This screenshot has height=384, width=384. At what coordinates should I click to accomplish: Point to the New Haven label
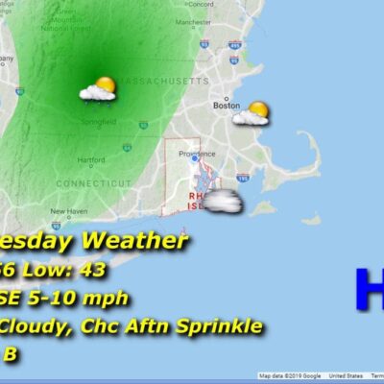(x=69, y=211)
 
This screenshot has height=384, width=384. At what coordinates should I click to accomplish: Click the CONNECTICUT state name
(x=93, y=182)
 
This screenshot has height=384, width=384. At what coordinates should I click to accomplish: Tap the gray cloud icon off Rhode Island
(x=220, y=202)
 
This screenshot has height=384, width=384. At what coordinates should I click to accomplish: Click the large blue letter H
(x=369, y=288)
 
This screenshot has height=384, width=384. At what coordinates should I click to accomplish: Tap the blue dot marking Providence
(x=194, y=159)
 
